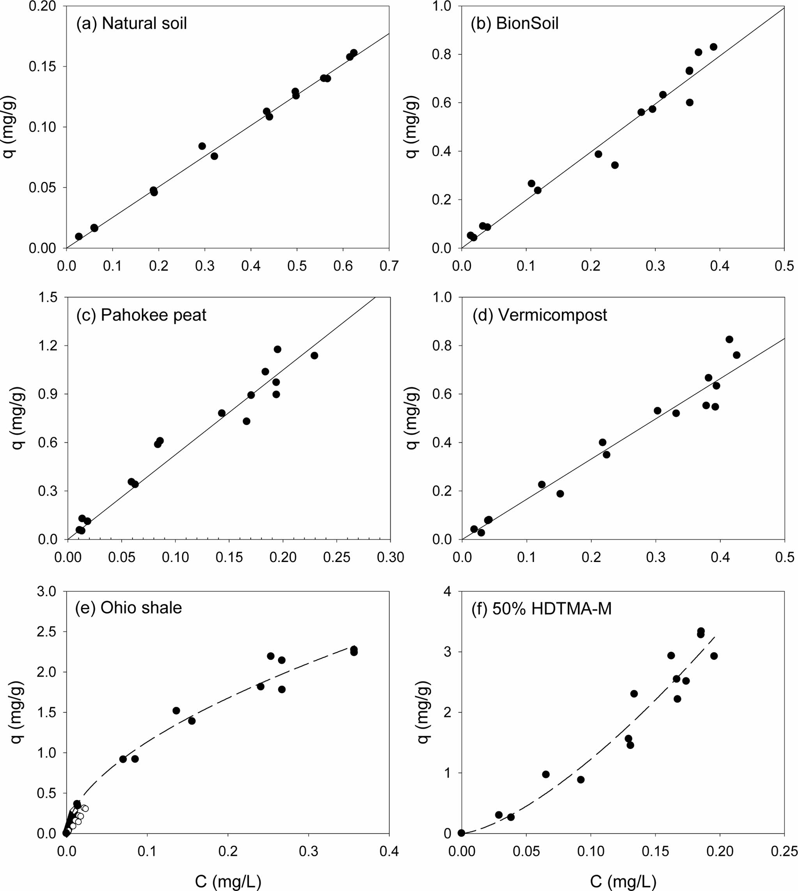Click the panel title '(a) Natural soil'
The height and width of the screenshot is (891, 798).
coord(131,23)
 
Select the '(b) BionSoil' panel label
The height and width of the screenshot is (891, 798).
coord(514,23)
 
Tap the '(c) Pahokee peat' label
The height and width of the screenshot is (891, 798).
coord(141,315)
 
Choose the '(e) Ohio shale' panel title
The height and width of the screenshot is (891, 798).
coord(129,608)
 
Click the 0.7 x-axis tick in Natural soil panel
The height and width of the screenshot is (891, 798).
coord(389,266)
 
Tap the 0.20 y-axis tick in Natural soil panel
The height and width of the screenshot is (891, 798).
coord(43,7)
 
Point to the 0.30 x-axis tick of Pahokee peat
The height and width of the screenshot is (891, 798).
coord(390,557)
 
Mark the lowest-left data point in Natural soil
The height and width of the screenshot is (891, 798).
coord(79,236)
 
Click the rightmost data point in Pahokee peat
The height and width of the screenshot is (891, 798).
coord(314,356)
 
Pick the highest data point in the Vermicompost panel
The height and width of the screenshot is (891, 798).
coord(729,339)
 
